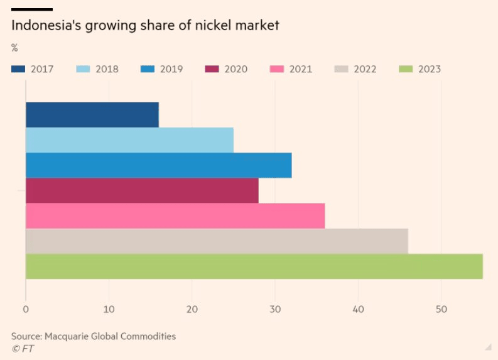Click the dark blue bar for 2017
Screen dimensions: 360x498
92,114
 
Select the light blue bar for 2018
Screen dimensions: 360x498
129,139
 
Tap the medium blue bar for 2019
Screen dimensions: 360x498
158,165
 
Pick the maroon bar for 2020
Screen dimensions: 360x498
142,190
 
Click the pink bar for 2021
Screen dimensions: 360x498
175,215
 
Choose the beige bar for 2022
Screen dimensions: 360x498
217,241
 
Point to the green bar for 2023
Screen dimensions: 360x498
254,266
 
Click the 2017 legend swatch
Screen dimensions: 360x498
19,69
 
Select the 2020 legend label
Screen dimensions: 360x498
236,69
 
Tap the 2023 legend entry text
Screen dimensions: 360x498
430,69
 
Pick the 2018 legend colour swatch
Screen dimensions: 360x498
84,69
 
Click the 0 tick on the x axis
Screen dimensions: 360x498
26,309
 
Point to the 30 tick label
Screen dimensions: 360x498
275,309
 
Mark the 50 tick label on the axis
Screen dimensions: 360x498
441,309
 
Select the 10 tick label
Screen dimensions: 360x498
109,309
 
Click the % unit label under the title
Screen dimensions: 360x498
14,48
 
